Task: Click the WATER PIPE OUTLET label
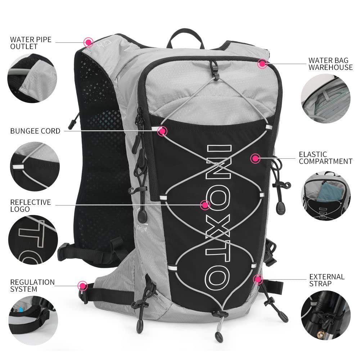31,43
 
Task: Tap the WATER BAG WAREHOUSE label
330,64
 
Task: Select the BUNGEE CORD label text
35,131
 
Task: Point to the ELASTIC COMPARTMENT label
325,158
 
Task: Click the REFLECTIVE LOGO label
30,206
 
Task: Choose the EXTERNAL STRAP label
327,280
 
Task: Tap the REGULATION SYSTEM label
32,285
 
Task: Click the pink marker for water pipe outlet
88,42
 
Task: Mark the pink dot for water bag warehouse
262,64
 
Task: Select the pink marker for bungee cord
163,131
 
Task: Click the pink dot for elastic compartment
255,158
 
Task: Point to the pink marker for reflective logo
205,205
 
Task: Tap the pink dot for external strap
257,279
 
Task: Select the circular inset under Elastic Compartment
325,196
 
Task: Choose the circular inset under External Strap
325,317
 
